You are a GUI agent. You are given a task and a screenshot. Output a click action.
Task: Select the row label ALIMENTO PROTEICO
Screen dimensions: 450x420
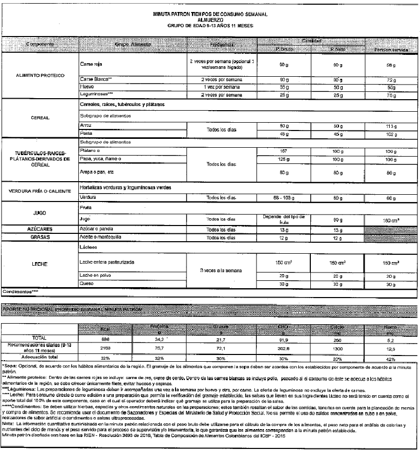(x=40, y=76)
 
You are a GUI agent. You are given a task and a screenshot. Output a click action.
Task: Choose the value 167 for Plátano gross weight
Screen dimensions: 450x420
(x=285, y=150)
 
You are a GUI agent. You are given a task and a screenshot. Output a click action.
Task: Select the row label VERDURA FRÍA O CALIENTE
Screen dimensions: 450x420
(x=40, y=192)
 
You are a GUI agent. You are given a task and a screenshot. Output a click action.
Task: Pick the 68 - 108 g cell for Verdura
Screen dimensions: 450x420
(x=284, y=198)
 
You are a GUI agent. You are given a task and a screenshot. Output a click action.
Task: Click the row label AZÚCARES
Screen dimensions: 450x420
(x=40, y=229)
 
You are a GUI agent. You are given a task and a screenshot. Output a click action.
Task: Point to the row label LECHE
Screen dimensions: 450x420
(x=40, y=264)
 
